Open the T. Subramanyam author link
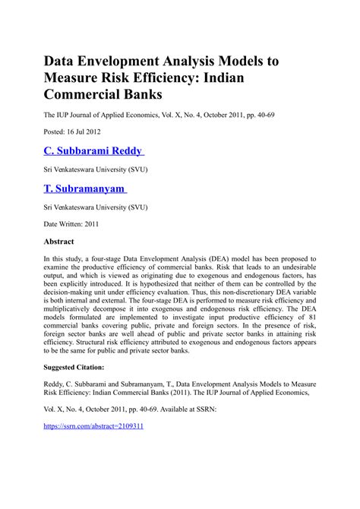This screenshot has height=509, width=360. coord(86,188)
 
